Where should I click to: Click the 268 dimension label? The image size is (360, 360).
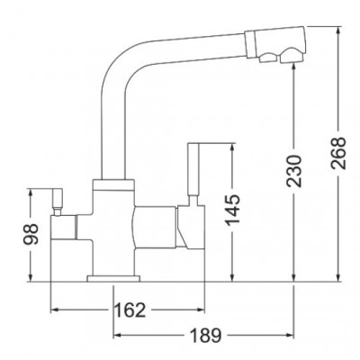coord(339,153)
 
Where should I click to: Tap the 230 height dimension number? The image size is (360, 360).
coord(293,171)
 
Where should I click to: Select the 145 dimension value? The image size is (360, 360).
coord(232,210)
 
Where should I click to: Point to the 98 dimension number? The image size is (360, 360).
coord(31,234)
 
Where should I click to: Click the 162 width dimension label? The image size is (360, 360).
coord(130,310)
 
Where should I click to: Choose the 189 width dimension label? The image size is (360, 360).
coord(206,335)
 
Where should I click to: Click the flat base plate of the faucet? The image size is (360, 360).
coord(113,279)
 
